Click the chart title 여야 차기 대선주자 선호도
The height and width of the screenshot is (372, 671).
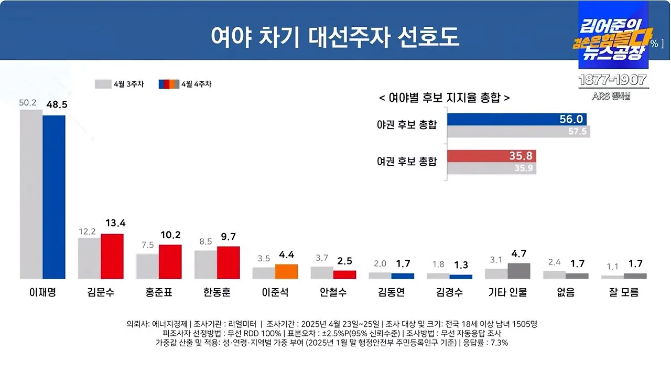click(x=335, y=37)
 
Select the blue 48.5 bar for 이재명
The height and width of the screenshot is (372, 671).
click(x=54, y=197)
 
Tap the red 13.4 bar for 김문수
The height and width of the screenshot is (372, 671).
click(x=112, y=256)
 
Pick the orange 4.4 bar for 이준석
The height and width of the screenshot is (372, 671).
click(x=286, y=271)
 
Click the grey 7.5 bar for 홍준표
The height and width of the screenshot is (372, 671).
click(x=147, y=266)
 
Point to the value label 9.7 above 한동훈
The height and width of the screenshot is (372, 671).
click(x=229, y=237)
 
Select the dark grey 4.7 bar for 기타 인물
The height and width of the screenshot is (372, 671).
click(x=519, y=271)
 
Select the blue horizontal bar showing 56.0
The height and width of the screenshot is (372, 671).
click(x=516, y=120)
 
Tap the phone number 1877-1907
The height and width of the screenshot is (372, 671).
click(x=612, y=81)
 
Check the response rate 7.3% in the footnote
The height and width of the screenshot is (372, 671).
click(x=497, y=343)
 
